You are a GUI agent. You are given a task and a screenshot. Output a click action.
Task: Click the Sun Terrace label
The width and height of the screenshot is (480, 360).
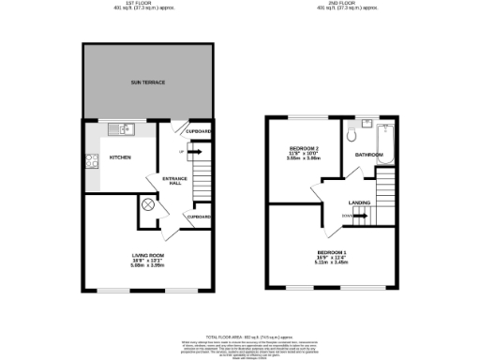(x=147, y=82)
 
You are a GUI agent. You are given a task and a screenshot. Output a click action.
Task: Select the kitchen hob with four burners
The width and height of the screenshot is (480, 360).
(x=94, y=160)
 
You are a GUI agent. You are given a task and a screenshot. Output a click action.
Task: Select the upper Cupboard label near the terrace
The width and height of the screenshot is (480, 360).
(x=199, y=131)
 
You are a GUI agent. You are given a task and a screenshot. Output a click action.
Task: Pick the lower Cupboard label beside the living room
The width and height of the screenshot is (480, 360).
(x=198, y=217)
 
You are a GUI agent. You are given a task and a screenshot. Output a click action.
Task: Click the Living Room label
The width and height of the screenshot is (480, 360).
(x=147, y=254)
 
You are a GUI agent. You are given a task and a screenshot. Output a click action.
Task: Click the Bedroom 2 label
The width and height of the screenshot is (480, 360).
(x=304, y=149)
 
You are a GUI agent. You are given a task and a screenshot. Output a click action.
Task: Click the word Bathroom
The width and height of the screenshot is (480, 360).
(x=368, y=154)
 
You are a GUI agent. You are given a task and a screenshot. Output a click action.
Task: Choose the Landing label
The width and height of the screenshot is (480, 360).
(x=358, y=202)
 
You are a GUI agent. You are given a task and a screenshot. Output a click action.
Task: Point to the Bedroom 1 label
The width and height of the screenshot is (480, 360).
(x=330, y=253)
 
